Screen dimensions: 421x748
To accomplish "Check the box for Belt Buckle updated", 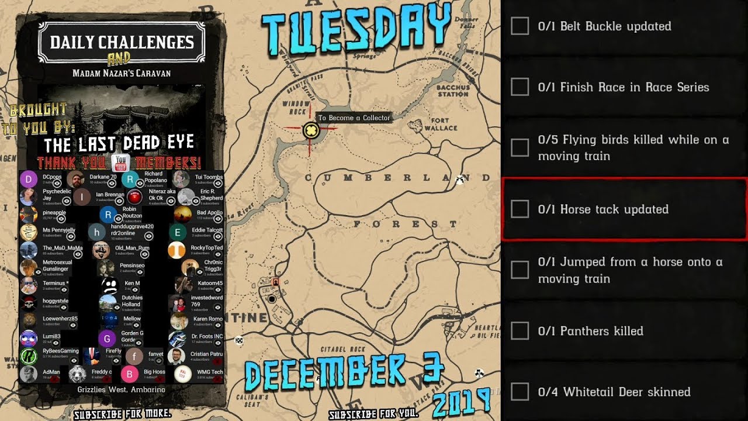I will click(520, 26).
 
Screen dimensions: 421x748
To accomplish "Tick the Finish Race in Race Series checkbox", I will click(520, 87).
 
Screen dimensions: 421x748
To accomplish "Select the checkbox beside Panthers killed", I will click(520, 331).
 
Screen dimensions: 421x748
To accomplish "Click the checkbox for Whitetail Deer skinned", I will click(520, 392).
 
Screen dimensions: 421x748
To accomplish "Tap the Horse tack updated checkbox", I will click(520, 209).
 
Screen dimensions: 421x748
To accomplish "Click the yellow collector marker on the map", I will click(311, 131).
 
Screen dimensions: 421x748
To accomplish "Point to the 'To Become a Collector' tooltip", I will click(354, 118).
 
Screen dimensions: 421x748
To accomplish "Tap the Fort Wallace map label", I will click(444, 125).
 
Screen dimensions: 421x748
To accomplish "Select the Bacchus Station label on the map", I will click(453, 91).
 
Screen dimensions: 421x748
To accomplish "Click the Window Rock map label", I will click(296, 107).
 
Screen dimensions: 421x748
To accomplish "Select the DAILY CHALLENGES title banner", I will click(122, 43).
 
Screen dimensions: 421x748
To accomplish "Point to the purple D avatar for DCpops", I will click(29, 180).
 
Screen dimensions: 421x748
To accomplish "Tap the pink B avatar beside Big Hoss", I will click(130, 374).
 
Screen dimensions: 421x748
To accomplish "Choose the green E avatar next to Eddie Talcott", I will click(178, 232).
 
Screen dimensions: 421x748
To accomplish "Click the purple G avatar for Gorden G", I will click(107, 338).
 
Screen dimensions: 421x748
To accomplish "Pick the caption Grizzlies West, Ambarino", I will click(121, 389).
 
